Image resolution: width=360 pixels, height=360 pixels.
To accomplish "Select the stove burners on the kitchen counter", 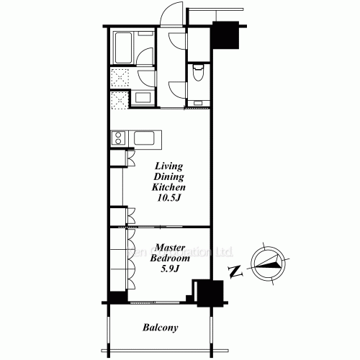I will pos(119,138).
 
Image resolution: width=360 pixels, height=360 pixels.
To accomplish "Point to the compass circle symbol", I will pos(270,266).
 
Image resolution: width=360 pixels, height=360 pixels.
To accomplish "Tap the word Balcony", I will pos(160,329).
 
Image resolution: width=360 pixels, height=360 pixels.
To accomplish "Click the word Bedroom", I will pos(168,258).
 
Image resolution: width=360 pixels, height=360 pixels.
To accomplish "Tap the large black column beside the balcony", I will pos(210,292).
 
